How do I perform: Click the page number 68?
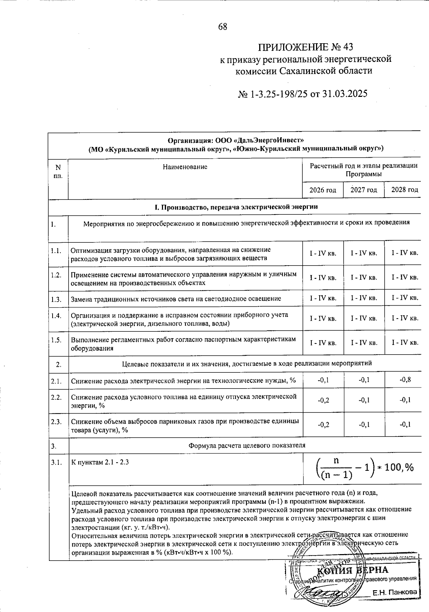pos(222,27)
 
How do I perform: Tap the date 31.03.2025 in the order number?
pos(345,94)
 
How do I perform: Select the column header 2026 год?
pos(323,190)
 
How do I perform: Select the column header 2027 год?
pos(364,190)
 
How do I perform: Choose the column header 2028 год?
pos(404,190)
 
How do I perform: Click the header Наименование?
pos(185,167)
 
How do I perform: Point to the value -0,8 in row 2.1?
pos(405,380)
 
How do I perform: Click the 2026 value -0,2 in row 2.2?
pos(323,400)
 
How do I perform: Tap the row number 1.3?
pos(56,299)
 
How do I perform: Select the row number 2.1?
pos(56,381)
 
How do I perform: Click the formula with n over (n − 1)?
pos(365,467)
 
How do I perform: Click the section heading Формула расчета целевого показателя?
pos(247,446)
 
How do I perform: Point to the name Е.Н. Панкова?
pos(395,592)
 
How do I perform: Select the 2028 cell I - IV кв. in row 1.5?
pos(405,343)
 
